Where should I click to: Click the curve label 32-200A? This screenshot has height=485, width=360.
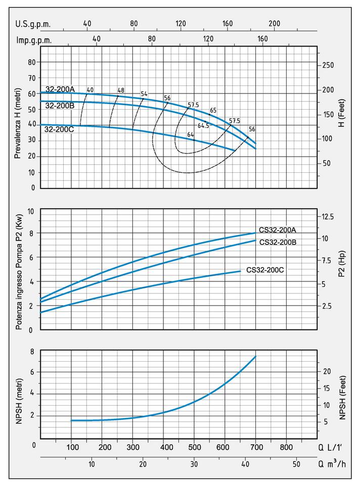60,89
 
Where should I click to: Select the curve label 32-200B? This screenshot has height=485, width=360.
60,106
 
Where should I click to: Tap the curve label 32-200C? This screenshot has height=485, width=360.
60,129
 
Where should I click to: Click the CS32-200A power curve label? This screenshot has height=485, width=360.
278,230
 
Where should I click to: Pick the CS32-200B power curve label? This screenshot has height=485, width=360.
278,242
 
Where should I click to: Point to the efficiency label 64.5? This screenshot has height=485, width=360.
203,126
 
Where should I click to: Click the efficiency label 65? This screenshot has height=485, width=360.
213,110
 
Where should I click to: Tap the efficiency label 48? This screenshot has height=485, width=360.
121,90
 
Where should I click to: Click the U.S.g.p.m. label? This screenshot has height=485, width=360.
33,24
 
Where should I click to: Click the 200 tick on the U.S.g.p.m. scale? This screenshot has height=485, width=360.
274,24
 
